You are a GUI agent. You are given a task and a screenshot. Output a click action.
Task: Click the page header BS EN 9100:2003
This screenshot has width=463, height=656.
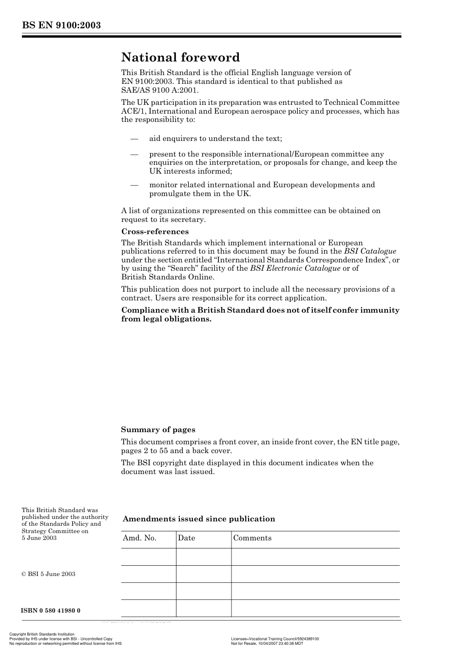pos(61,25)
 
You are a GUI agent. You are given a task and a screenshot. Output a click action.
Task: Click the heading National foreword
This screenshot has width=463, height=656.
pos(180,58)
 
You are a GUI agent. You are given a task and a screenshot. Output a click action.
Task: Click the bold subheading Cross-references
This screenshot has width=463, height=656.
pos(154,232)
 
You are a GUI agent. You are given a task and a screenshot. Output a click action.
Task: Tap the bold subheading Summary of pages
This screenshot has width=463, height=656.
pos(158,430)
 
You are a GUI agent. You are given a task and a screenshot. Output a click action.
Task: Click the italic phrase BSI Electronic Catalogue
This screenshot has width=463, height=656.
pos(295,268)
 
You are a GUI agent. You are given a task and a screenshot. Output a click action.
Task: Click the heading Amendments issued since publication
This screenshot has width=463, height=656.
pos(199,519)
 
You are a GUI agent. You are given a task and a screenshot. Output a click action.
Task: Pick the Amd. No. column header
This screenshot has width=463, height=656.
pos(139,538)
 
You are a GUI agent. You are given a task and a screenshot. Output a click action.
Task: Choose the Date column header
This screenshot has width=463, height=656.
pos(186,538)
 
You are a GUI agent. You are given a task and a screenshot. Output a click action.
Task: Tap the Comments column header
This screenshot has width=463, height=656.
pos(252,538)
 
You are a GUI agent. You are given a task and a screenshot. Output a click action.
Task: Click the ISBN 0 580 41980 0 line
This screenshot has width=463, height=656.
pos(51,611)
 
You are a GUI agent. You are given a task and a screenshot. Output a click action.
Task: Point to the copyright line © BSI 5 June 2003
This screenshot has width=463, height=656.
pos(48,574)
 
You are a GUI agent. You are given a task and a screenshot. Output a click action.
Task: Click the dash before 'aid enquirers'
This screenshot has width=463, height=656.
pos(135,139)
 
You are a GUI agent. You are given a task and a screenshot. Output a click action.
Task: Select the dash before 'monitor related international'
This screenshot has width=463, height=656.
pos(135,185)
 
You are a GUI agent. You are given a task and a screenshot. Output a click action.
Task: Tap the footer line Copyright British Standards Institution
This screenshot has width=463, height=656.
pos(42,635)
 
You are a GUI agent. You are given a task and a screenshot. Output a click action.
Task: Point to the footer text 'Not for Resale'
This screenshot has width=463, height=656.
pos(242,643)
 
